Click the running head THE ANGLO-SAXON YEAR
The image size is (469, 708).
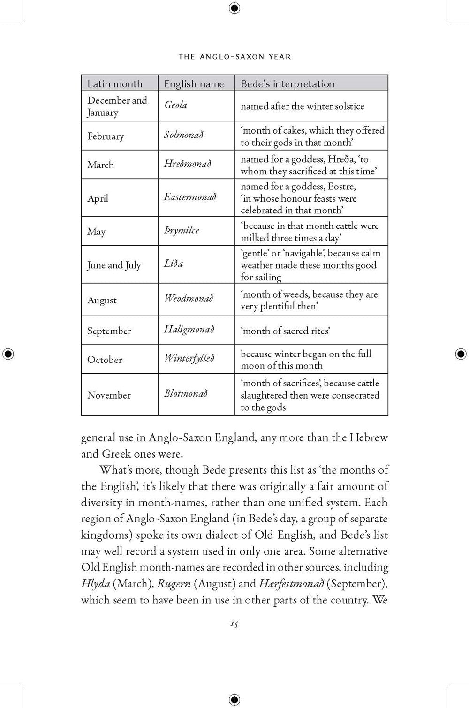point(234,57)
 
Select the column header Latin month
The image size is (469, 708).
point(115,84)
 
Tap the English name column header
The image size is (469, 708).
point(194,84)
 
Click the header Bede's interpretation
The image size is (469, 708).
point(287,84)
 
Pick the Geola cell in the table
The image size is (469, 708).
point(176,105)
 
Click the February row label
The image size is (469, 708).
point(106,136)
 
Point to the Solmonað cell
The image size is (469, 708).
point(184,135)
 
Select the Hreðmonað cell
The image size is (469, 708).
point(187,164)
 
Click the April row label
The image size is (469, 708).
point(98,198)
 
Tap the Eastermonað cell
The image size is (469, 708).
point(190,197)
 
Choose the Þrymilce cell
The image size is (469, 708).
point(182,230)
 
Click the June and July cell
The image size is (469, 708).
point(114,265)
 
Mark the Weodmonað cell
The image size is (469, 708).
point(188,298)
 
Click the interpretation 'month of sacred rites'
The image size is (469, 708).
point(285,331)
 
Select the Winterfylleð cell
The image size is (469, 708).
point(189,359)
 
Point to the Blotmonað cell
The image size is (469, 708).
point(186,393)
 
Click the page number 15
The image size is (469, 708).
point(234,624)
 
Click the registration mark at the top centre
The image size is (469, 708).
point(234,8)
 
